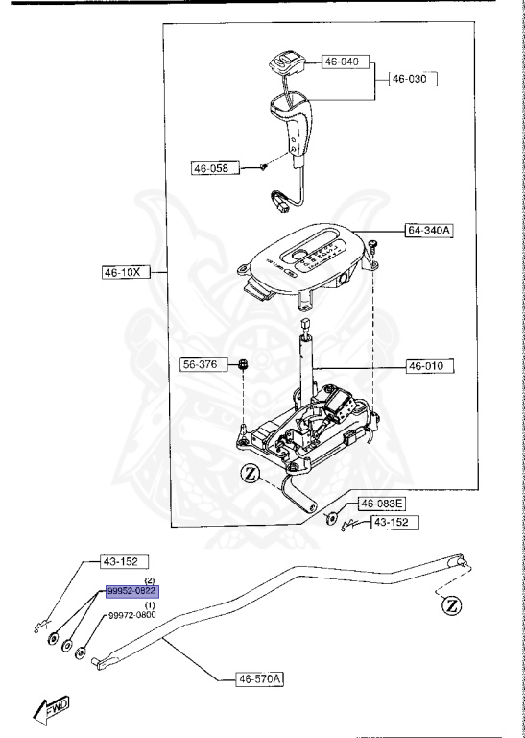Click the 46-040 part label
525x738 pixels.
coord(346,61)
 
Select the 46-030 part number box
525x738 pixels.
coord(413,79)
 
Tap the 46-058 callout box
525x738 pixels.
coord(215,168)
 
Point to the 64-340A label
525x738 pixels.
coord(430,231)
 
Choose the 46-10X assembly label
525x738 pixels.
coord(126,272)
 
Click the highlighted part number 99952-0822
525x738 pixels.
coord(133,591)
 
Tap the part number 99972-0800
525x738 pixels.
coord(132,615)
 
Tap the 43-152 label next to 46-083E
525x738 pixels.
coord(395,522)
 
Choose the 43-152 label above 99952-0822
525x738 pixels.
coord(124,561)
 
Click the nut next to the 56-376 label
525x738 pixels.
coord(243,364)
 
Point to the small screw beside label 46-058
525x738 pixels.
coord(264,165)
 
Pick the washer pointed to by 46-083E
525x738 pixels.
coord(330,519)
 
